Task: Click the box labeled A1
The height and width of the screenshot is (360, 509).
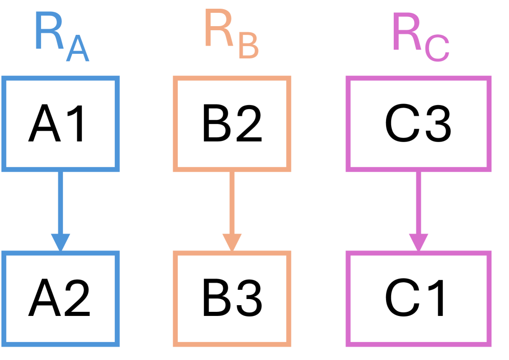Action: tap(60, 123)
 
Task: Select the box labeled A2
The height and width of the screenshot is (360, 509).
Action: tap(60, 299)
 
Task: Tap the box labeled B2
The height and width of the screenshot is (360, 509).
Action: tap(232, 123)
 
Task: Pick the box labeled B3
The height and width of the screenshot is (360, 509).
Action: tap(232, 299)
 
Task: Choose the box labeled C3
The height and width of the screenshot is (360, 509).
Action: tap(418, 123)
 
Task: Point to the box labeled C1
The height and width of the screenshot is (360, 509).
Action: tap(418, 299)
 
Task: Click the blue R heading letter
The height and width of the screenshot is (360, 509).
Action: tap(49, 32)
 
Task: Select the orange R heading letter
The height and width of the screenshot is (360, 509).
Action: tap(220, 30)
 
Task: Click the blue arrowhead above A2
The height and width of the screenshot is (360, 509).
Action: tap(60, 242)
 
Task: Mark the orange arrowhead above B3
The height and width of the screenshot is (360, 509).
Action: tap(232, 242)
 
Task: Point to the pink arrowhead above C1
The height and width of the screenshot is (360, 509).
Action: tap(418, 242)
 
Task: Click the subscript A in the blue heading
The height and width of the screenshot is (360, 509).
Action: tap(77, 50)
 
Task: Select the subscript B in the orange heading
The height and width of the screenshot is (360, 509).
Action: tap(248, 47)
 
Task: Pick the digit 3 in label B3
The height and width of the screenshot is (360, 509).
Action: tap(249, 299)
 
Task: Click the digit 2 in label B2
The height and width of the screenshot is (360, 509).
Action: tap(249, 124)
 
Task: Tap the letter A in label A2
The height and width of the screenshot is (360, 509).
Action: tap(43, 299)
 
